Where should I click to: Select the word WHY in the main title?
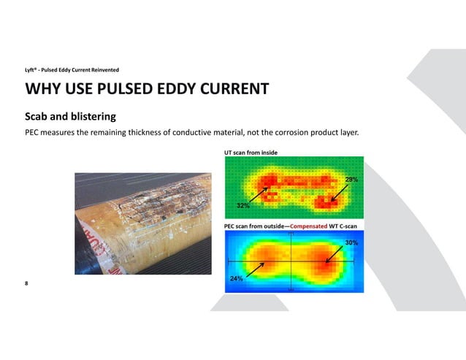coord(41,90)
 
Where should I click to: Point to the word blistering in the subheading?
coord(91,116)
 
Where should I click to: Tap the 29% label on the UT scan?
coord(351,179)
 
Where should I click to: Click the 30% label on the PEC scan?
coord(351,242)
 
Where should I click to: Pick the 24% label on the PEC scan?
coord(237,278)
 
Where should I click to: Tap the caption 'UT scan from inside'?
coord(251,152)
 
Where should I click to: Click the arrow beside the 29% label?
coord(338,191)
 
